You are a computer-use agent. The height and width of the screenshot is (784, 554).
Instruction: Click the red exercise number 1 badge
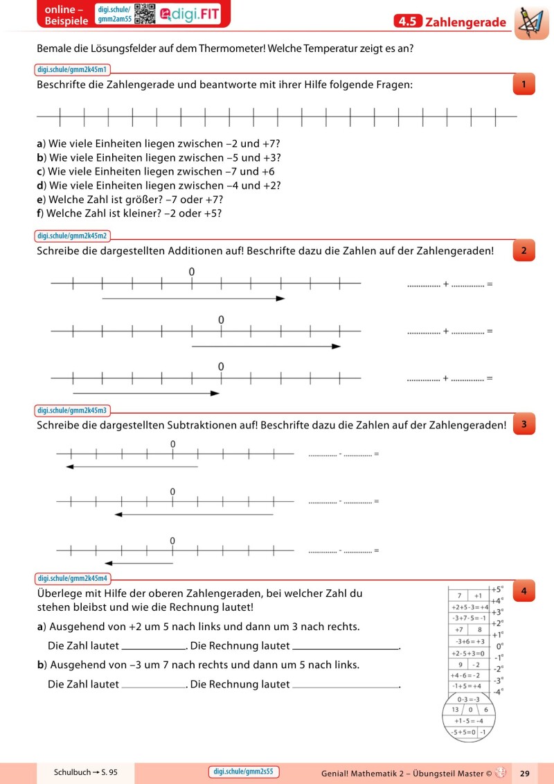[524, 85]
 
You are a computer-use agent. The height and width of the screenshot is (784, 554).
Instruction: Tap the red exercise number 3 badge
[524, 424]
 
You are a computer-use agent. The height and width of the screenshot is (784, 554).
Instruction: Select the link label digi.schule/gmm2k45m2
[72, 236]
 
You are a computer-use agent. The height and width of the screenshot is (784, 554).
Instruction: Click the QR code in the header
[144, 13]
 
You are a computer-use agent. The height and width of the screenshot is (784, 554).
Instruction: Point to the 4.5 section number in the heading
[407, 22]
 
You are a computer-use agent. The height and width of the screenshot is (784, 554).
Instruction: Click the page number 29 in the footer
[524, 772]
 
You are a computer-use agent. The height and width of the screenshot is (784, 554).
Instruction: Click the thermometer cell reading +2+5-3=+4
[470, 607]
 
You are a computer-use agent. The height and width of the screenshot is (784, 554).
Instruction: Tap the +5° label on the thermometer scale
[497, 590]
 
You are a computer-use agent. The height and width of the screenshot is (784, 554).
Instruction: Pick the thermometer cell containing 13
[454, 709]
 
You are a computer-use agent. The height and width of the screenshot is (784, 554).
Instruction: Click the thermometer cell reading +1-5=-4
[468, 720]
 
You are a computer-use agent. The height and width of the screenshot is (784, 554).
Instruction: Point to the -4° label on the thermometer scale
[497, 691]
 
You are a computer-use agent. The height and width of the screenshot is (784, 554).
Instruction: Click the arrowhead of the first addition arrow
[280, 299]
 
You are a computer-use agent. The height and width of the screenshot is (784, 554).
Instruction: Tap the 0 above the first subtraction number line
[172, 444]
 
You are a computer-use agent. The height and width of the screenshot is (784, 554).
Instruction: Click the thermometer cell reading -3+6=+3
[470, 641]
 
